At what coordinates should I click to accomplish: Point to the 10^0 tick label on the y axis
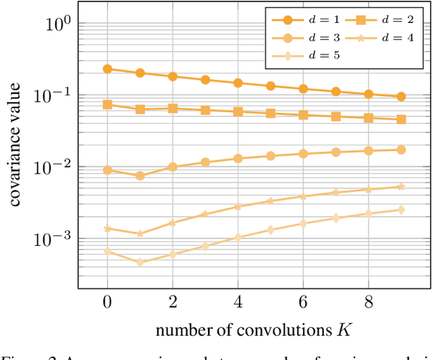point(57,24)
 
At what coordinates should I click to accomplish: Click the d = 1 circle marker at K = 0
point(107,69)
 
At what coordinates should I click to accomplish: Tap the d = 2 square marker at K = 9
point(401,120)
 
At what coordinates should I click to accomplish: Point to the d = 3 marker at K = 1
point(140,176)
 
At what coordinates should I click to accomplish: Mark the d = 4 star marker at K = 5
point(270,201)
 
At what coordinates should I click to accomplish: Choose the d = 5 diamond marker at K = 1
point(140,262)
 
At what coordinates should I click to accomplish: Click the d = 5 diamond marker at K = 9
point(401,210)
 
